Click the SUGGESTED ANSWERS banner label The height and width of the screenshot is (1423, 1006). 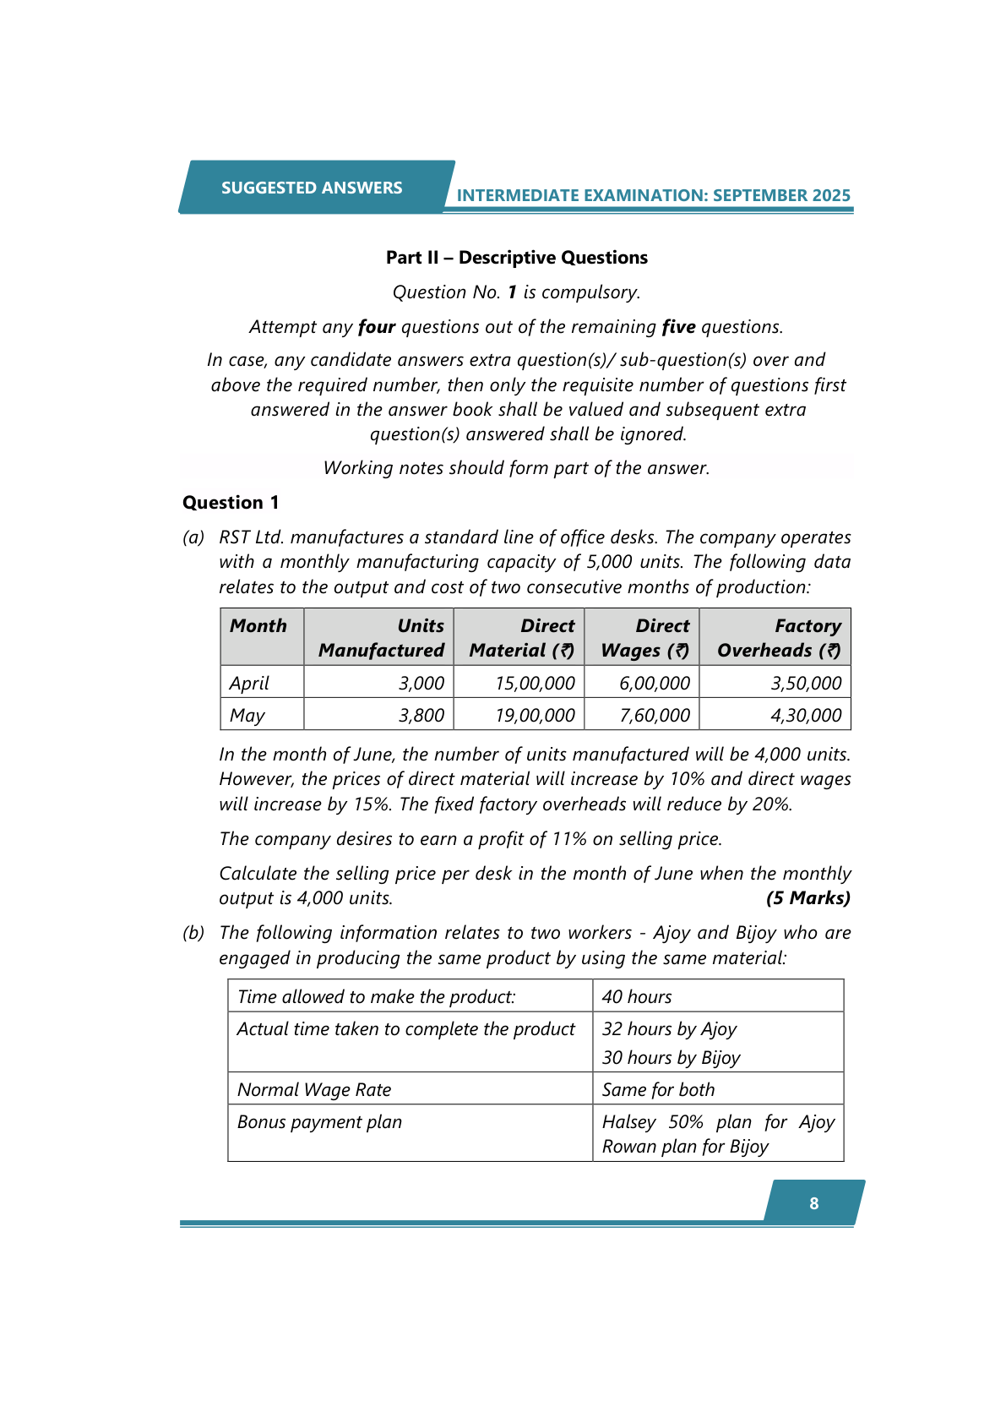tap(312, 188)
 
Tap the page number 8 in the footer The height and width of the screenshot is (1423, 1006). tap(813, 1203)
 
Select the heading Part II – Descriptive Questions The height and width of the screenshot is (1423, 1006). tap(516, 258)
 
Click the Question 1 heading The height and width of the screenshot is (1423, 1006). tap(231, 503)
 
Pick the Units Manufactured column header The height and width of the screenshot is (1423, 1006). tap(381, 638)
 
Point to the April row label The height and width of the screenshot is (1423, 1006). tap(249, 683)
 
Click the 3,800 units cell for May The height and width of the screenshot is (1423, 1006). tap(421, 715)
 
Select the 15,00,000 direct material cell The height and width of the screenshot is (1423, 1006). tap(535, 683)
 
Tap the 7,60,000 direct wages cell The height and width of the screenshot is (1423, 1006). tap(655, 715)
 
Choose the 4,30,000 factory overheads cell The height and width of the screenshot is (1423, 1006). tap(806, 715)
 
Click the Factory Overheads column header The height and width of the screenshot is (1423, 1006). tap(779, 638)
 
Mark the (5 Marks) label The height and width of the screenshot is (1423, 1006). tap(808, 898)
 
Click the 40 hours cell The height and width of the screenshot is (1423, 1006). tap(637, 997)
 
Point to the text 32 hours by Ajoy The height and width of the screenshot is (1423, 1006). tap(669, 1029)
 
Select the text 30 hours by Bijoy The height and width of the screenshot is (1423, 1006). tap(671, 1058)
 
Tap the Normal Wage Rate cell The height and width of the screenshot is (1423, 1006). tap(314, 1090)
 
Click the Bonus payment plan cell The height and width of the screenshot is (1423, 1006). tap(319, 1122)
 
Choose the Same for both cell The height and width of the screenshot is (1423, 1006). tap(658, 1090)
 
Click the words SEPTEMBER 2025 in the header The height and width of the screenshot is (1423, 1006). tap(781, 195)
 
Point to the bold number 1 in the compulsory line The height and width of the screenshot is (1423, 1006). tap(512, 292)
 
